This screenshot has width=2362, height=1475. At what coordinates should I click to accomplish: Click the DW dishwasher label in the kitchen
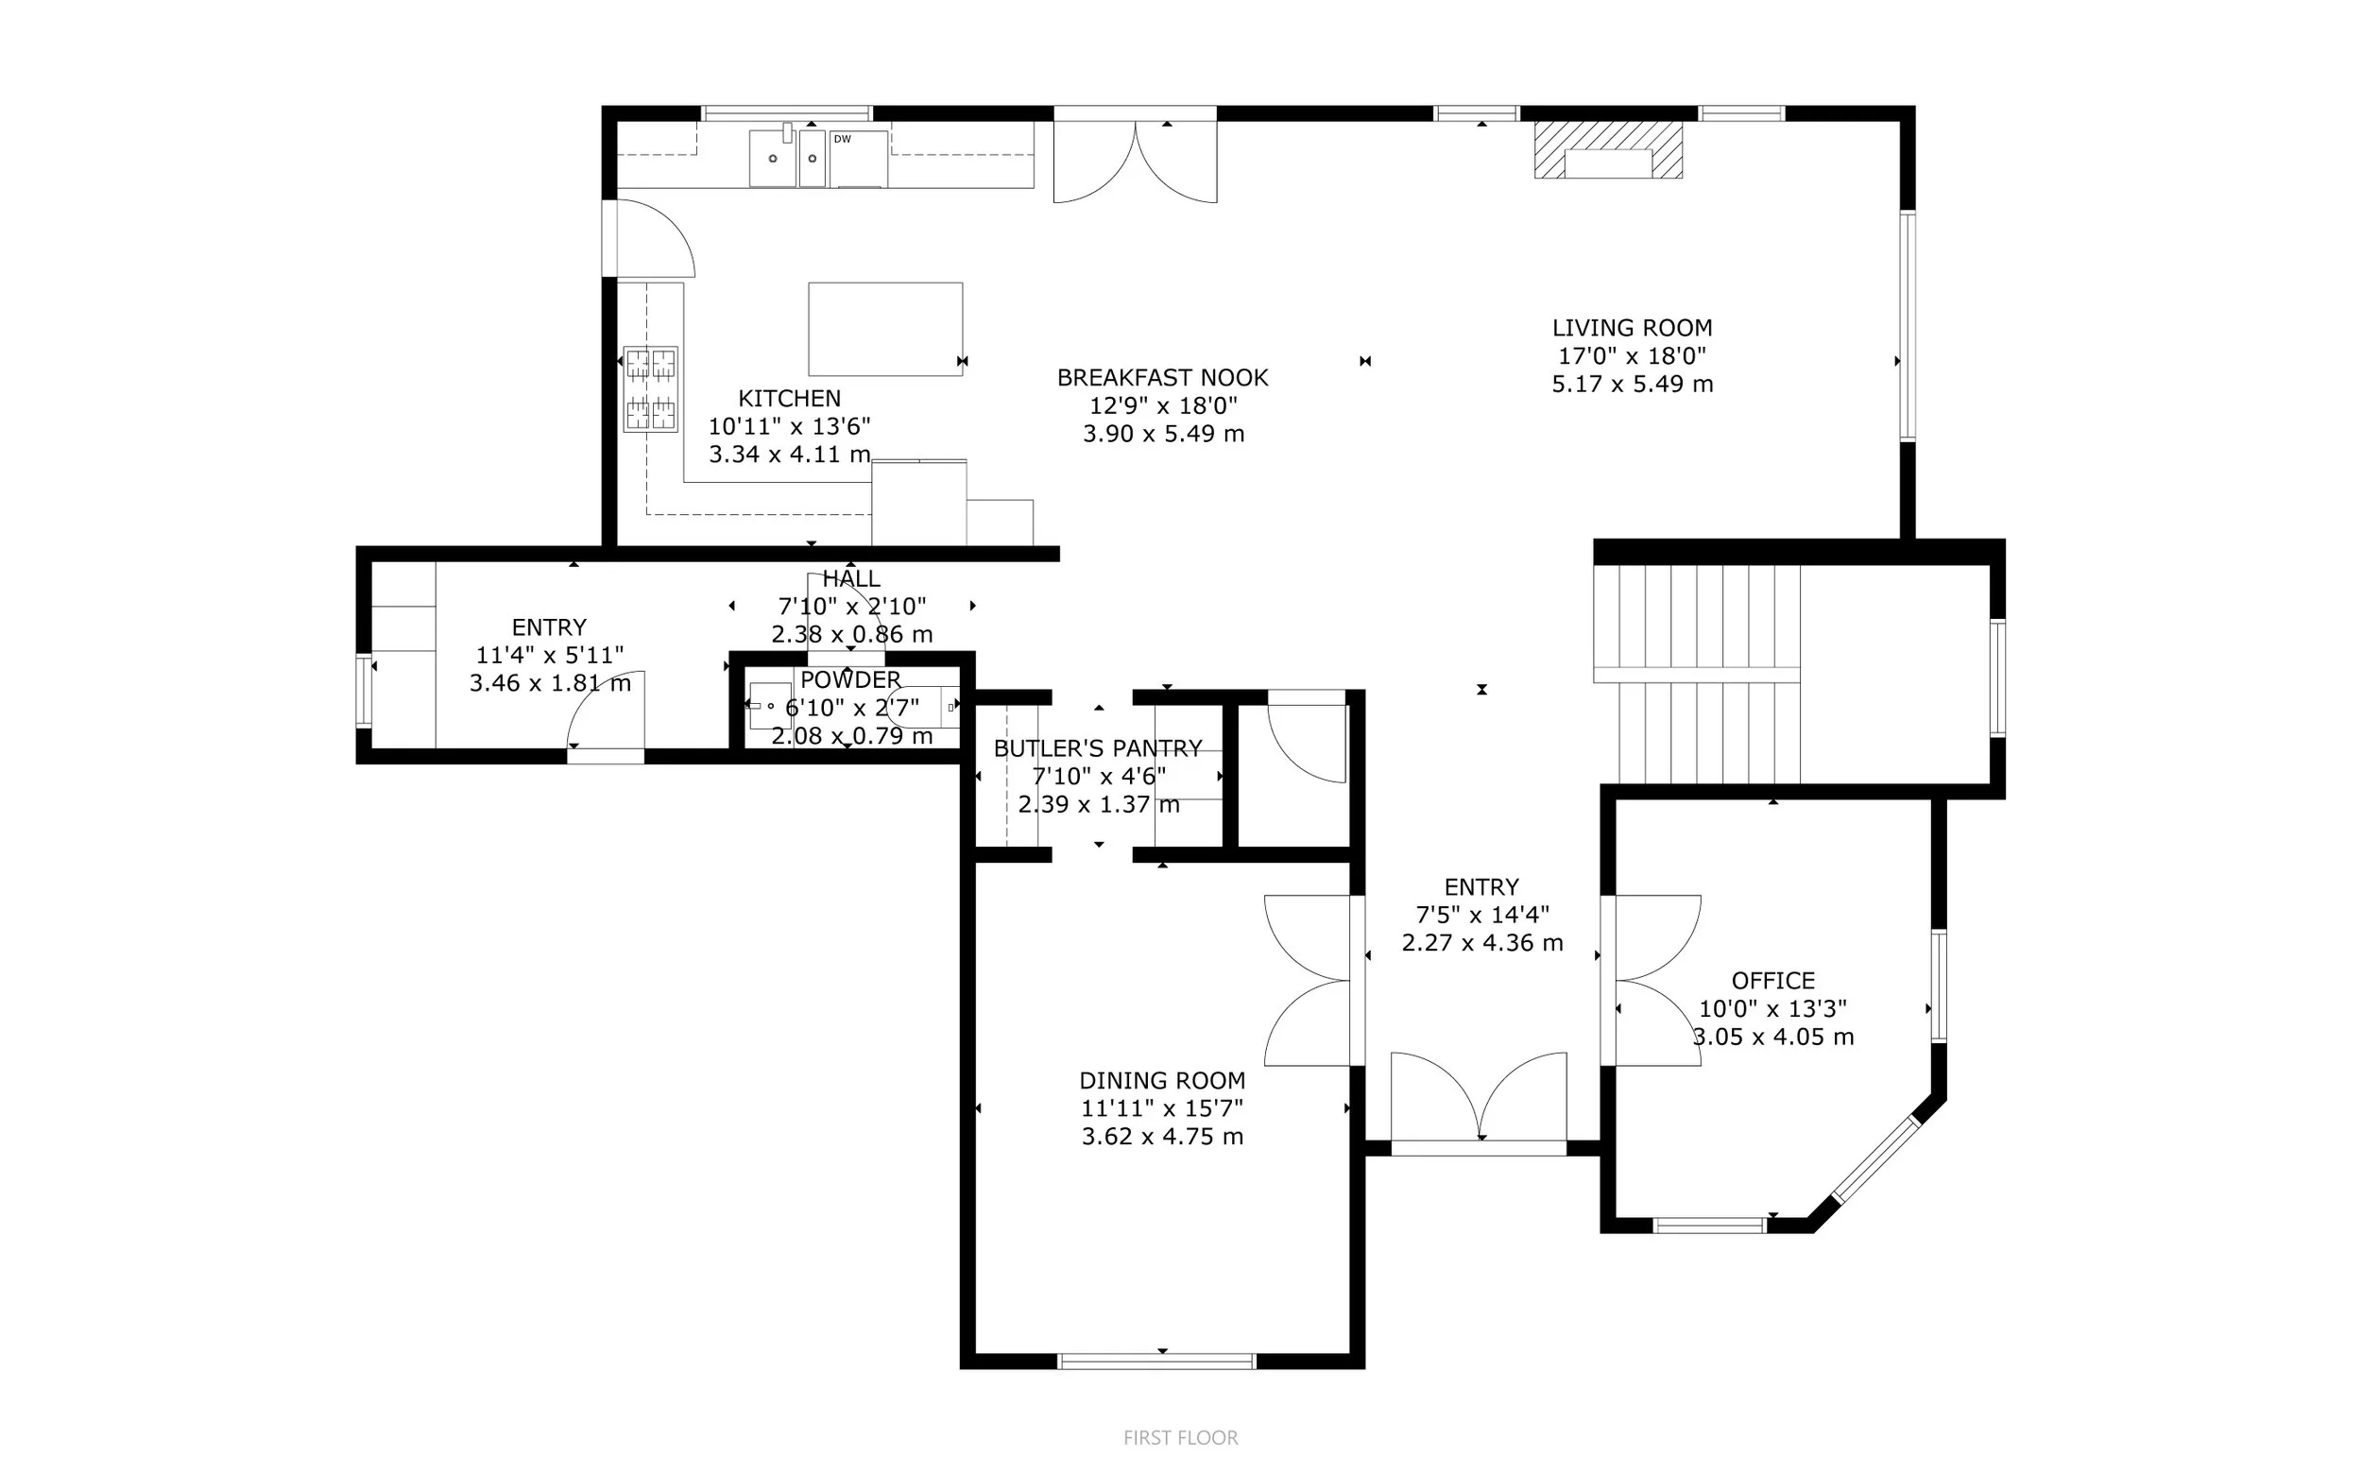pos(842,140)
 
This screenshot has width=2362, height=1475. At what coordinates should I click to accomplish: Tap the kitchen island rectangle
pos(885,329)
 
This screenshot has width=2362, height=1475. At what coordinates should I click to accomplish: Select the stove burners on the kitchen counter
pos(650,389)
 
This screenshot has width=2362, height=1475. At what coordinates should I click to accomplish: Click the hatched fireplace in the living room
pos(1608,150)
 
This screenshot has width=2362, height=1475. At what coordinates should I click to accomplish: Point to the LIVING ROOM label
pos(1632,328)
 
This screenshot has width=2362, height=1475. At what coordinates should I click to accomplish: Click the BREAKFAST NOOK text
pos(1162,378)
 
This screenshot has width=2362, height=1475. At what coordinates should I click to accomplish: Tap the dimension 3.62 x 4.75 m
pos(1162,1137)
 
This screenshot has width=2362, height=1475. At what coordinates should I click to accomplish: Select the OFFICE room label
pos(1773,981)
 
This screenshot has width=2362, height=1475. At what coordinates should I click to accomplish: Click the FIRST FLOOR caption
pos(1180,1437)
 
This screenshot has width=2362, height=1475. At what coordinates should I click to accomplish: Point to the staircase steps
pos(1697,674)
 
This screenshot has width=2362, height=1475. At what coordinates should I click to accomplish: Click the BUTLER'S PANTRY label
pos(1097,748)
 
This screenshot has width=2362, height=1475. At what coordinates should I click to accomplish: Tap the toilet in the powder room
pos(922,706)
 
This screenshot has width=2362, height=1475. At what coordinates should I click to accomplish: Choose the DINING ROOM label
pos(1161,1080)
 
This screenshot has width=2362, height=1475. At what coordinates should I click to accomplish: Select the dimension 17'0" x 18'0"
pos(1632,356)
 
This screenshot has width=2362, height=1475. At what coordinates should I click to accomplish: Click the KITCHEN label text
pos(789,398)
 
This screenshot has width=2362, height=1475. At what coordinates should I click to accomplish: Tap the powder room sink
pos(769,705)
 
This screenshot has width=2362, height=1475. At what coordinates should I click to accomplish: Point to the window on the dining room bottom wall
pos(1156,1361)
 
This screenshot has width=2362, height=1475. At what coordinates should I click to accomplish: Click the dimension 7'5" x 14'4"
pos(1481,915)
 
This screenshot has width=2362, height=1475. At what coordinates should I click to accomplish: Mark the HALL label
pos(850,578)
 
